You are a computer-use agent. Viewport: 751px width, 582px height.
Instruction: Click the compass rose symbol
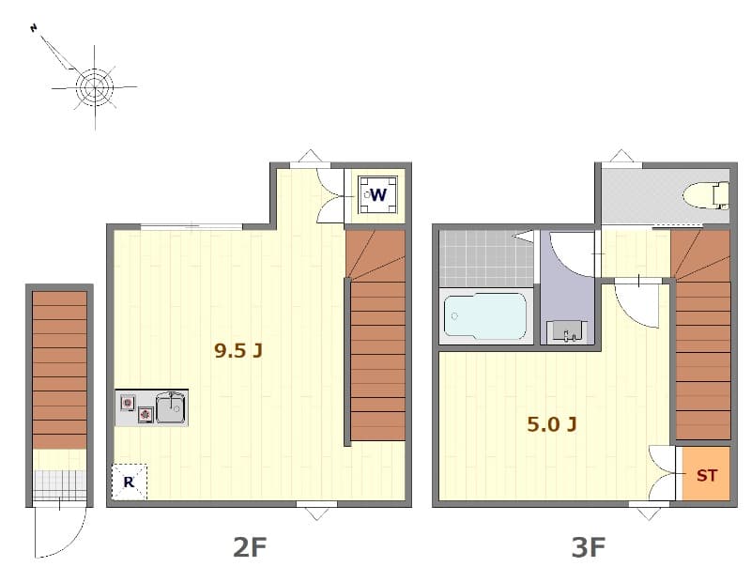click(94, 87)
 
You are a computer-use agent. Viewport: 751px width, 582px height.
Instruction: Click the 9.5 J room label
click(238, 352)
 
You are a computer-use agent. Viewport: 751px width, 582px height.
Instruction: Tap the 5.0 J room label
click(551, 424)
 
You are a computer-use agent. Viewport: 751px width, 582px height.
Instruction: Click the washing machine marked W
click(377, 195)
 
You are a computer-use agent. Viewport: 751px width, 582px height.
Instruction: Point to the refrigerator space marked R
click(128, 482)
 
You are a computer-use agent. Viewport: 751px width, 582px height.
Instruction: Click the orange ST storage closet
click(706, 475)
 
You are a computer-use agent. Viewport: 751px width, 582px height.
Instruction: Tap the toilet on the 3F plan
click(706, 195)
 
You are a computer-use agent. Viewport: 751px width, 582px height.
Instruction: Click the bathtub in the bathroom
click(484, 316)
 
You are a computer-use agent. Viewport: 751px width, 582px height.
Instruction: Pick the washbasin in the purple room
click(566, 331)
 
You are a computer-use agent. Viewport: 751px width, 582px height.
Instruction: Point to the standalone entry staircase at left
click(59, 371)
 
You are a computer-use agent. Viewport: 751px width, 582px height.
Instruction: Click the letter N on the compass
click(34, 29)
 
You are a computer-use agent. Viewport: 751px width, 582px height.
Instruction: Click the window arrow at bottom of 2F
click(316, 513)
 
